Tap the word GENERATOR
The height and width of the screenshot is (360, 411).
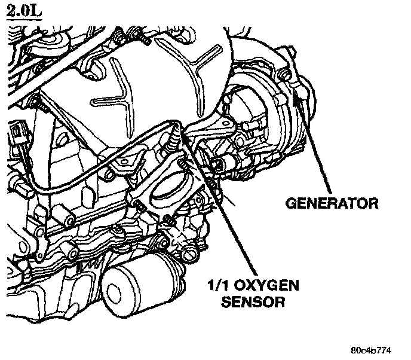(x=331, y=203)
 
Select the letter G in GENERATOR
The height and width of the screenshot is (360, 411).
(x=291, y=203)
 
